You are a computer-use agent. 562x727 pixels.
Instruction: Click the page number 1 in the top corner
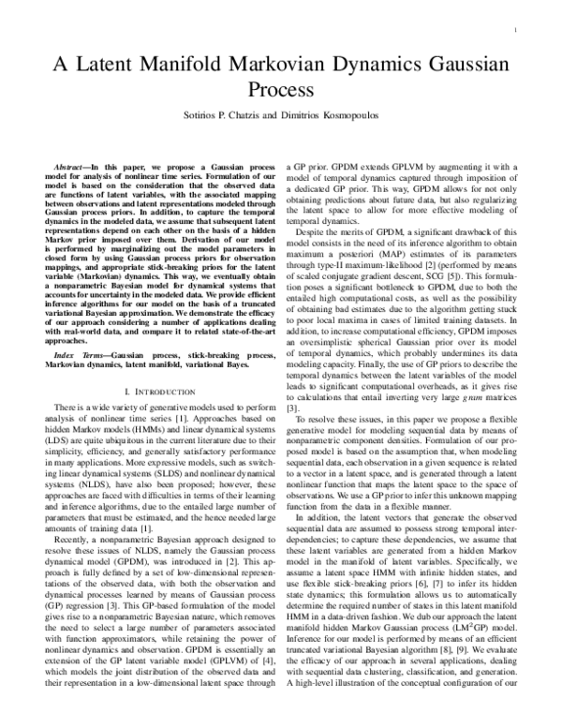pyautogui.click(x=517, y=31)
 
